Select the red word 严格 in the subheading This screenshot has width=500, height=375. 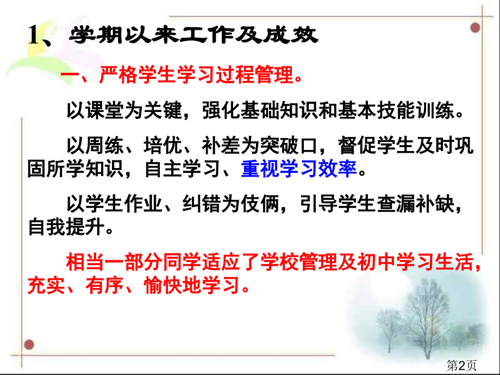coord(118,75)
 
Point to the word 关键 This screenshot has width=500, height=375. coord(163,110)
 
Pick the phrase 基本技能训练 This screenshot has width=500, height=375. coord(396,110)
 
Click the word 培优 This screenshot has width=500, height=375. coord(163,146)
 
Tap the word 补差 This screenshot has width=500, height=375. coord(221,146)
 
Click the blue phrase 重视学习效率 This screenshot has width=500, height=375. coord(299,168)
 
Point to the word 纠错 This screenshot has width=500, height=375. coord(202,204)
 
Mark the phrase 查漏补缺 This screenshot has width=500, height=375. coord(415,204)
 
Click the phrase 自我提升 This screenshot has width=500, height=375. coord(66,227)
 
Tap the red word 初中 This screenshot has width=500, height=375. coord(376,262)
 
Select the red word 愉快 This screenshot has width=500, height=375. coord(163,285)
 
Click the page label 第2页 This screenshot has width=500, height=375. coord(461,365)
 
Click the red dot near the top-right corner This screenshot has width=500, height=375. coord(475,28)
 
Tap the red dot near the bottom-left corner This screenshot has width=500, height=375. coord(29,345)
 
